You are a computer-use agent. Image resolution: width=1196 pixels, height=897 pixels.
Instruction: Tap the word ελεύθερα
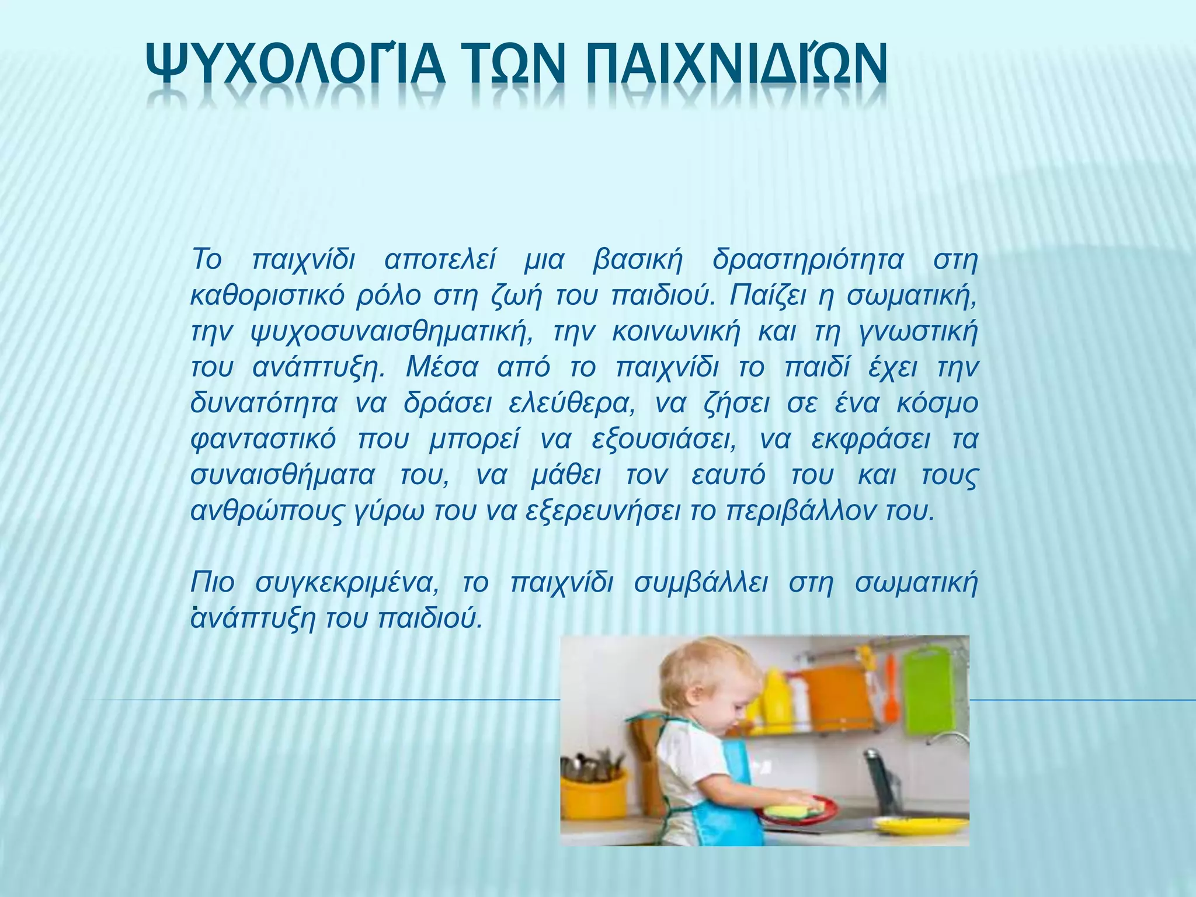[572, 404]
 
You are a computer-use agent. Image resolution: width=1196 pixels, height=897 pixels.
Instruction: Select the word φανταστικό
[263, 440]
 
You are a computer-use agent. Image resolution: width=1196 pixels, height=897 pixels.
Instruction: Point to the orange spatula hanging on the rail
[890, 689]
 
